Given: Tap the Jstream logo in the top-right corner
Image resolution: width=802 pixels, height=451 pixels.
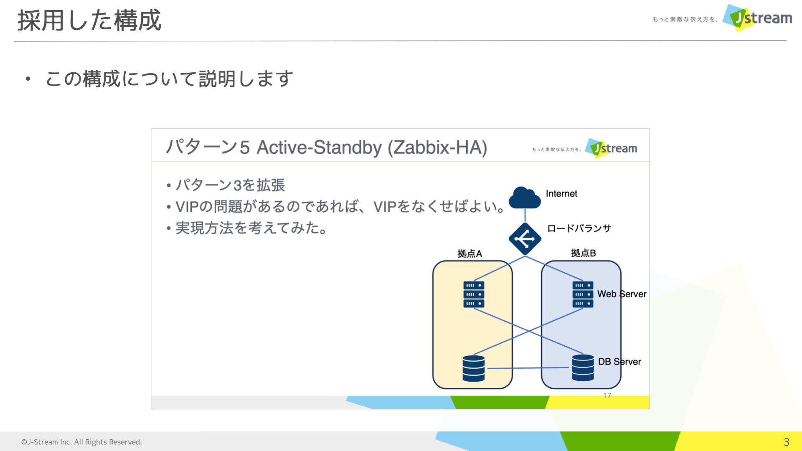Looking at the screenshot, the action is (x=758, y=18).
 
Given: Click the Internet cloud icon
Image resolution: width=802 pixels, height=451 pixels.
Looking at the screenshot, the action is (x=525, y=198).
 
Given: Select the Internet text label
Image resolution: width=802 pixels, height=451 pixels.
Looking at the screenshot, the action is (x=561, y=194).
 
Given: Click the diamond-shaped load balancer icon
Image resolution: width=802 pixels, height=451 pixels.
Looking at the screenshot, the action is (x=525, y=239).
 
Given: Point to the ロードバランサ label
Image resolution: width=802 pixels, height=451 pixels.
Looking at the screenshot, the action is (x=579, y=228).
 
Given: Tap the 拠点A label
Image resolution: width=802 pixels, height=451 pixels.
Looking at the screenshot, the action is (x=470, y=253).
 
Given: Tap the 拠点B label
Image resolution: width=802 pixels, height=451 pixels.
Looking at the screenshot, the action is (x=583, y=253).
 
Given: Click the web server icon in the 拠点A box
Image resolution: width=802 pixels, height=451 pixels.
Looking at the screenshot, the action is (x=474, y=294).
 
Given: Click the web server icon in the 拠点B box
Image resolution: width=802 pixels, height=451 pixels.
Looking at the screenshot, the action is (x=583, y=294).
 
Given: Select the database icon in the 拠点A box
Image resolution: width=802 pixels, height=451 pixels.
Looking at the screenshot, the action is (x=474, y=368).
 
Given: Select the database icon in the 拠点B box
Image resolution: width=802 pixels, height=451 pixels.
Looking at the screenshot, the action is (x=583, y=368).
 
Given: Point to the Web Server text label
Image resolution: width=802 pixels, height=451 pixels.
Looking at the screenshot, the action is (x=622, y=294).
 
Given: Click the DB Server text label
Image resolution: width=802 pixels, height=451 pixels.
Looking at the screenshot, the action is (x=619, y=362).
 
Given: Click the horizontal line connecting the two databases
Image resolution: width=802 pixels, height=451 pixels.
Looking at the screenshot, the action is (x=528, y=368).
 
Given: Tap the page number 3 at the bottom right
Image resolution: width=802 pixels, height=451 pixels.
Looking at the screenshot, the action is (x=787, y=442).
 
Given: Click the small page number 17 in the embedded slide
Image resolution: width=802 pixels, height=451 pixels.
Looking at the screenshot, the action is (x=607, y=395).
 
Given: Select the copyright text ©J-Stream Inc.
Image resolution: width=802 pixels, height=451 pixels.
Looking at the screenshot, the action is (x=81, y=442).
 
